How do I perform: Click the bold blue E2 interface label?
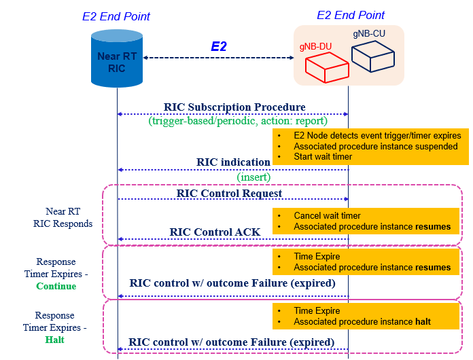point(218,46)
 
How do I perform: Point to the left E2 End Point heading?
point(116,16)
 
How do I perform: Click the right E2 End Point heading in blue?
point(351,15)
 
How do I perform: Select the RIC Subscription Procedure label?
point(234,107)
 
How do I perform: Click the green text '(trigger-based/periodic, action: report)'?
point(238,121)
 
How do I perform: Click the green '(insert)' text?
point(253,177)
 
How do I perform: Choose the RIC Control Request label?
point(229,194)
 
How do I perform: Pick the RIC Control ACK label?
point(215,232)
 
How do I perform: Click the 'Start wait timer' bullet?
point(323,157)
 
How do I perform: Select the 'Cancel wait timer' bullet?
point(327,215)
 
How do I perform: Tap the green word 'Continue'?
point(56,286)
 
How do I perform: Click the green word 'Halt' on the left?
point(56,340)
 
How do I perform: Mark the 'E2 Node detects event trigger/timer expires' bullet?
point(377,135)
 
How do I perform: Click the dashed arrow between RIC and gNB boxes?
point(218,58)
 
